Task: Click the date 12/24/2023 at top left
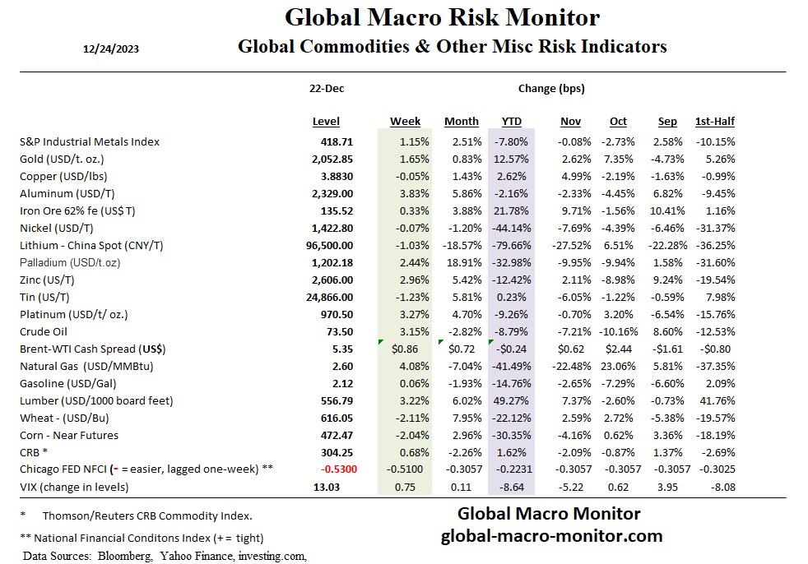pyautogui.click(x=111, y=49)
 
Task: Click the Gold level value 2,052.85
pyautogui.click(x=327, y=159)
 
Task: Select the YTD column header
pyautogui.click(x=511, y=122)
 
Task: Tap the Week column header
pyautogui.click(x=405, y=122)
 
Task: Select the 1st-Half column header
pyautogui.click(x=714, y=122)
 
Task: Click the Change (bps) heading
pyautogui.click(x=551, y=88)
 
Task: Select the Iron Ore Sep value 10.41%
pyautogui.click(x=665, y=210)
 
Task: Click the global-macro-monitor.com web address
pyautogui.click(x=551, y=536)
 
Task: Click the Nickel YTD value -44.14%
pyautogui.click(x=511, y=228)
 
